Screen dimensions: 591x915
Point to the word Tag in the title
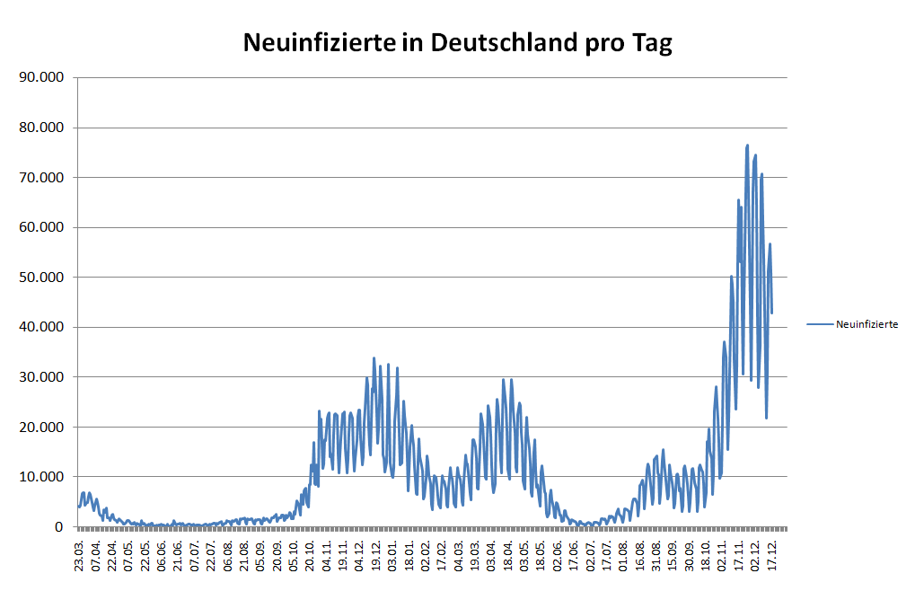pyautogui.click(x=652, y=43)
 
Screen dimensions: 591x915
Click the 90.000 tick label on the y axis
pyautogui.click(x=44, y=77)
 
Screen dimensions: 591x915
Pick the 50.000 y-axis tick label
pyautogui.click(x=44, y=278)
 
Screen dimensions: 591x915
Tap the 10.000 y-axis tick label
pyautogui.click(x=44, y=477)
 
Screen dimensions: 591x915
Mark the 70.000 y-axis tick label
pyautogui.click(x=44, y=178)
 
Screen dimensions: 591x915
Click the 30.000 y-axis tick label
pyautogui.click(x=44, y=377)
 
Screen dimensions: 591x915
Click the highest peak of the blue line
pyautogui.click(x=747, y=145)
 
